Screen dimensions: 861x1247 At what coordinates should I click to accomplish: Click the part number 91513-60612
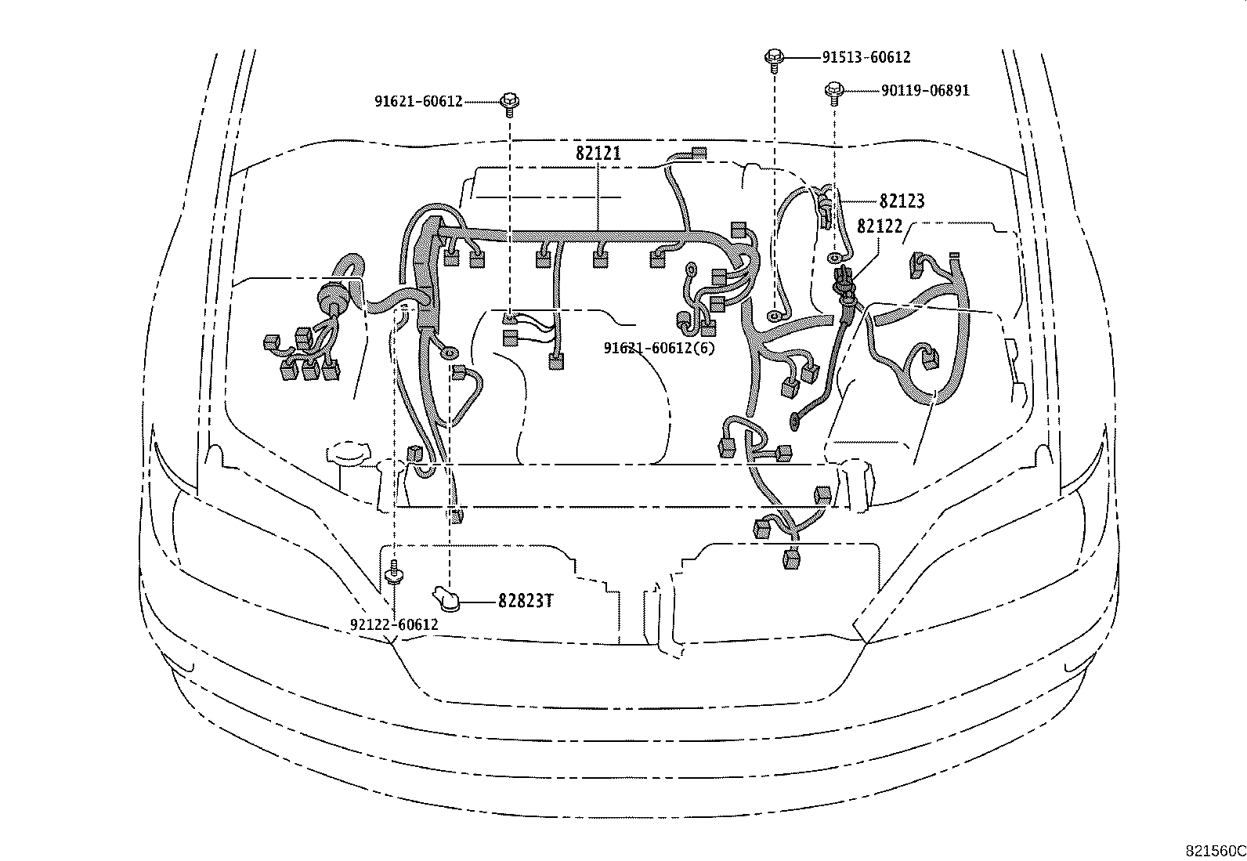(x=866, y=57)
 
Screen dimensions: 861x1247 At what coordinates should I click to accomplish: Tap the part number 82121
(x=598, y=154)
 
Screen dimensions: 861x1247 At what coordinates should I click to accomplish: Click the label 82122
(x=880, y=226)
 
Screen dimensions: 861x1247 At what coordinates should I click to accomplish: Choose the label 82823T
(x=526, y=602)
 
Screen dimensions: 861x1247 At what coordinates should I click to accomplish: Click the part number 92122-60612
(x=394, y=625)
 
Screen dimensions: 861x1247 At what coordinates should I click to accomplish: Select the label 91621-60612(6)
(x=659, y=348)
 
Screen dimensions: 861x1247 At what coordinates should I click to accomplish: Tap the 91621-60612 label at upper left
(x=418, y=102)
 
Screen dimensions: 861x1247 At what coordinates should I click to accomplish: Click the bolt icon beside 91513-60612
(x=774, y=57)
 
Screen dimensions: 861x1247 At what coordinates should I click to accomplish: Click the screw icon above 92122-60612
(x=394, y=576)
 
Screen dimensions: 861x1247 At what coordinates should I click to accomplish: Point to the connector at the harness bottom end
(x=790, y=559)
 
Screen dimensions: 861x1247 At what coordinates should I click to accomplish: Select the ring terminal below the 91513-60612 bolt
(x=774, y=316)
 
